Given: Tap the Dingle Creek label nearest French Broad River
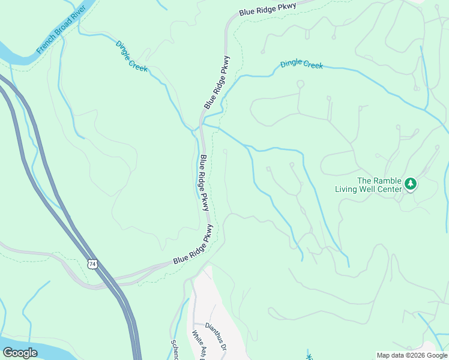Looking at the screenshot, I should click(130, 56).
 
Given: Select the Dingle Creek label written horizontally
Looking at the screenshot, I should click(301, 64).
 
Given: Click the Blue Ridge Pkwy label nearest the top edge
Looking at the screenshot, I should click(267, 8).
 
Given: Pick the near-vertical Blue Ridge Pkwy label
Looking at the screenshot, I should click(205, 183).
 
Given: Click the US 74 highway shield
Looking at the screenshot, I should click(92, 264).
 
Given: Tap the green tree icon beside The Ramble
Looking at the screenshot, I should click(411, 184).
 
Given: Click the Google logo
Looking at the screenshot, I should click(20, 353).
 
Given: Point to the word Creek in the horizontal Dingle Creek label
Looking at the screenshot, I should click(313, 65).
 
